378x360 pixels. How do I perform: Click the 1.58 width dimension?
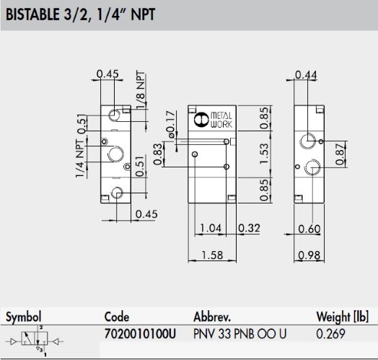click(212, 255)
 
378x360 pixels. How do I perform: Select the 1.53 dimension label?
click(265, 154)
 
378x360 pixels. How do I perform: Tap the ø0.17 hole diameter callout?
click(170, 124)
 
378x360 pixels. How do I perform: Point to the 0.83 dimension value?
click(158, 154)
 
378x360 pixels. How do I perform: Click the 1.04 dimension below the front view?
click(211, 228)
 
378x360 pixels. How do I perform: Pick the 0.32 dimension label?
click(250, 228)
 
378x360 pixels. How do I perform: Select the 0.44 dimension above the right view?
click(306, 75)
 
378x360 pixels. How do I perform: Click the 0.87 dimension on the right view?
click(340, 154)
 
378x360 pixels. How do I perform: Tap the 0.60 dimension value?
click(309, 229)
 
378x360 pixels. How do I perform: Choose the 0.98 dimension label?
click(309, 255)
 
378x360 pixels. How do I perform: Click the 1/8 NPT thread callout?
click(141, 89)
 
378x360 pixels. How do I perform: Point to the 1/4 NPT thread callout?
click(80, 159)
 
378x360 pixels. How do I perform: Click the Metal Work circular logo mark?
click(201, 119)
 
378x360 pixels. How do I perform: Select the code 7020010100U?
click(140, 334)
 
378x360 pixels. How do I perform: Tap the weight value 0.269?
click(330, 334)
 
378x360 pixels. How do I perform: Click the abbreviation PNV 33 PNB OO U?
click(240, 334)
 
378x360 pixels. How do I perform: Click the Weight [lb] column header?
click(343, 317)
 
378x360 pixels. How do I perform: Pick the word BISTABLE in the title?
click(32, 14)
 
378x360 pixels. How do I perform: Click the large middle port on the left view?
click(115, 154)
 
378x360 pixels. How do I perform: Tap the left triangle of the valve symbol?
click(14, 341)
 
